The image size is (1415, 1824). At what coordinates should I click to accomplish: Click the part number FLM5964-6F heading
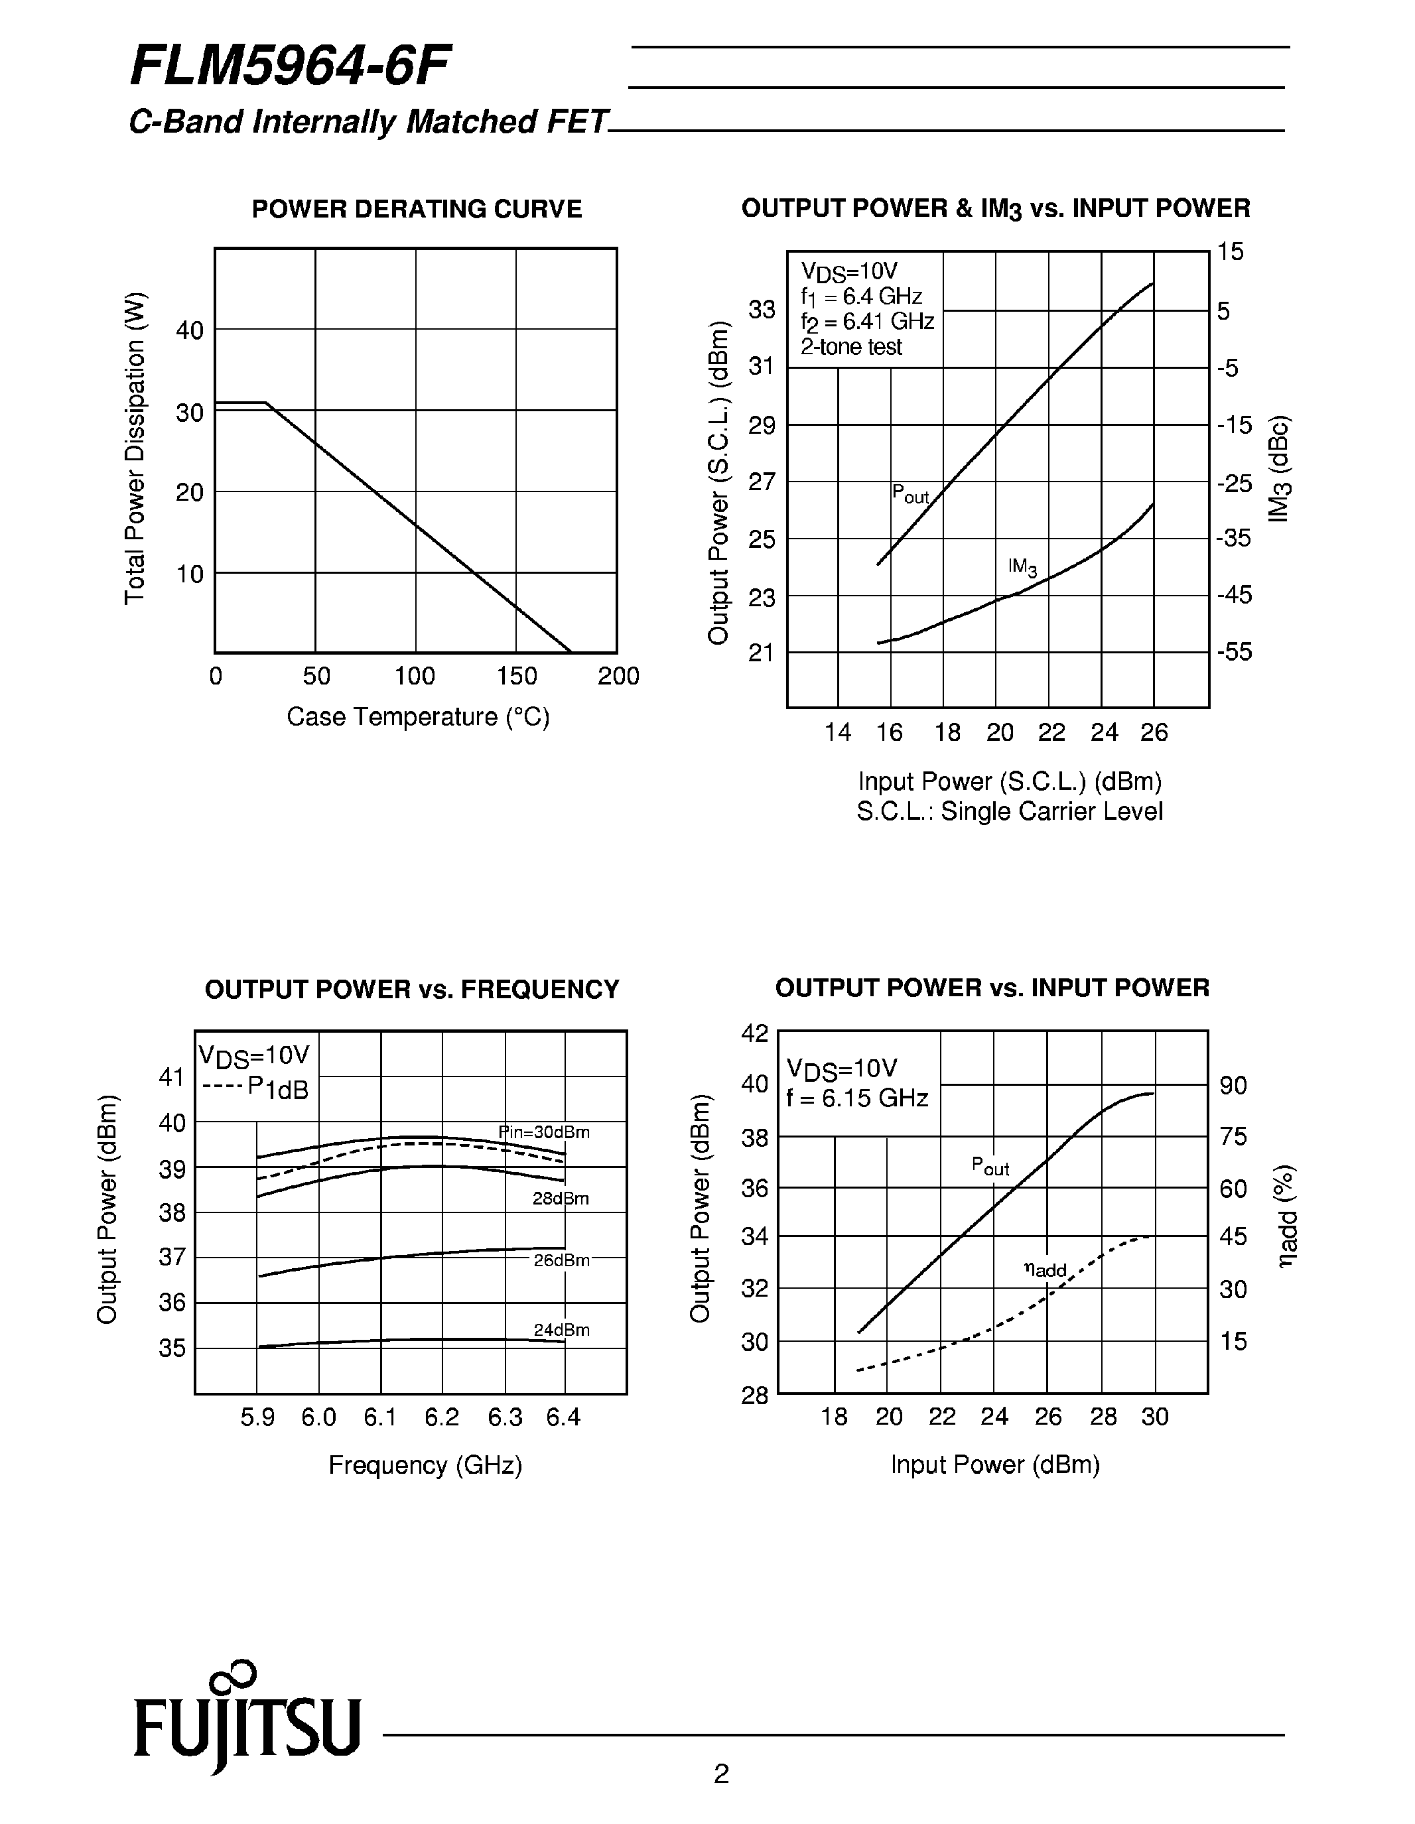(x=290, y=67)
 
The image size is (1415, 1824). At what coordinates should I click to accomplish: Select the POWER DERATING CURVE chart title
(x=417, y=209)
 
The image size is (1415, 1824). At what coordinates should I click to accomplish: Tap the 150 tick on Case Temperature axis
(x=516, y=676)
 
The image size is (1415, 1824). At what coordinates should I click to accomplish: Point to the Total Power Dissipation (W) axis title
(x=135, y=448)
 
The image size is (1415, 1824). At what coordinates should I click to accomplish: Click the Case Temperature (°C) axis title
(x=418, y=716)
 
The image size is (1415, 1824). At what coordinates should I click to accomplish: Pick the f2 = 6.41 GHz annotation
(x=867, y=322)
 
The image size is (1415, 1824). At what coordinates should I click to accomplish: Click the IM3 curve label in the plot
(x=1022, y=567)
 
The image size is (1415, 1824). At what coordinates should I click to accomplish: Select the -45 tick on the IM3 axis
(x=1235, y=595)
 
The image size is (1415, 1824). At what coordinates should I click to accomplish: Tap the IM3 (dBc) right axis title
(x=1279, y=468)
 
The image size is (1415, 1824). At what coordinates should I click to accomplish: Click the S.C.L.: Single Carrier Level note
(x=1009, y=811)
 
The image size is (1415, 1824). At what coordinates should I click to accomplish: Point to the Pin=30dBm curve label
(x=544, y=1132)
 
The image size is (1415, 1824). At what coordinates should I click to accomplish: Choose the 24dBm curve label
(x=561, y=1330)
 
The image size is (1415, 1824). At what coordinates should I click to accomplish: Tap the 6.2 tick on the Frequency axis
(x=442, y=1417)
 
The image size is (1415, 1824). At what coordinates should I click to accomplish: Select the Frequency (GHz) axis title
(x=425, y=1466)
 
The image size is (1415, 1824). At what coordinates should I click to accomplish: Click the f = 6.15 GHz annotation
(x=857, y=1098)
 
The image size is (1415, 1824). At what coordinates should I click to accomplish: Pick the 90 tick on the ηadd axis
(x=1233, y=1086)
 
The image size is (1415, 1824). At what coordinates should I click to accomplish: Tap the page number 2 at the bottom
(x=721, y=1773)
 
